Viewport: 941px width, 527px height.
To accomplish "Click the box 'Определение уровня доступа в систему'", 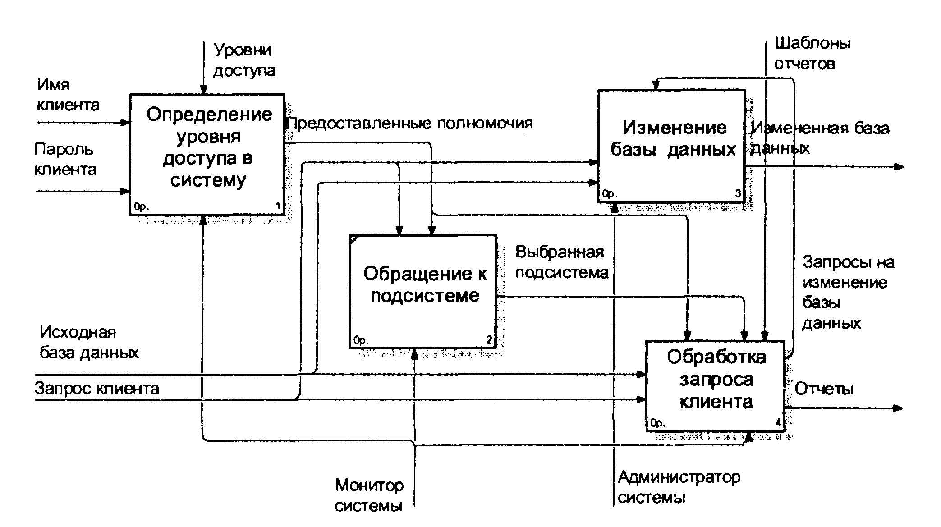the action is pyautogui.click(x=207, y=155).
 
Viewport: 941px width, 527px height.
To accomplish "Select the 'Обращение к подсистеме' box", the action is pyautogui.click(x=423, y=291).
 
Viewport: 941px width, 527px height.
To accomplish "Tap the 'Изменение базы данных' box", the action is pyautogui.click(x=671, y=146).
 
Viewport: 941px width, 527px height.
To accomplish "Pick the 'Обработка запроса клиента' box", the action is pyautogui.click(x=716, y=385).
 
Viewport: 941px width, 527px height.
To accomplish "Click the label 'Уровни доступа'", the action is pyautogui.click(x=244, y=60).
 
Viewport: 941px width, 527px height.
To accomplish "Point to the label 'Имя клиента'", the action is pyautogui.click(x=68, y=95).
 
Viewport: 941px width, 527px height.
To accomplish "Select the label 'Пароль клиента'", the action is pyautogui.click(x=65, y=159).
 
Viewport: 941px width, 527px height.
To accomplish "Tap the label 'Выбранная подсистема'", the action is pyautogui.click(x=562, y=262).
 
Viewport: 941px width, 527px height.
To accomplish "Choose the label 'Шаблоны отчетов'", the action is pyautogui.click(x=812, y=53).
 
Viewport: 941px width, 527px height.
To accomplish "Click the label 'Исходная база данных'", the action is pyautogui.click(x=89, y=342).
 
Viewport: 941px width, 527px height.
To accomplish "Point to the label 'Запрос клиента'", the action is pyautogui.click(x=97, y=388).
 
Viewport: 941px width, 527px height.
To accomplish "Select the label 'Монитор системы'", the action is pyautogui.click(x=369, y=495).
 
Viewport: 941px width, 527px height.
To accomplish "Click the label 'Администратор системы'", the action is pyautogui.click(x=679, y=487).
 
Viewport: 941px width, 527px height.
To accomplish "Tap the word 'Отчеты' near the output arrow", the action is pyautogui.click(x=824, y=389).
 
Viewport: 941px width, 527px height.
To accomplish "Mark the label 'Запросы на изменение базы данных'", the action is pyautogui.click(x=848, y=293).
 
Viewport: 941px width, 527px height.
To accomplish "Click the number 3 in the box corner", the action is pyautogui.click(x=738, y=194).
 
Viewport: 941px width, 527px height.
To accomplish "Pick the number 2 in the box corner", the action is pyautogui.click(x=490, y=340).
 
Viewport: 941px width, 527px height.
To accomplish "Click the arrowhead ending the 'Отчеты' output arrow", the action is pyautogui.click(x=898, y=408).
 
